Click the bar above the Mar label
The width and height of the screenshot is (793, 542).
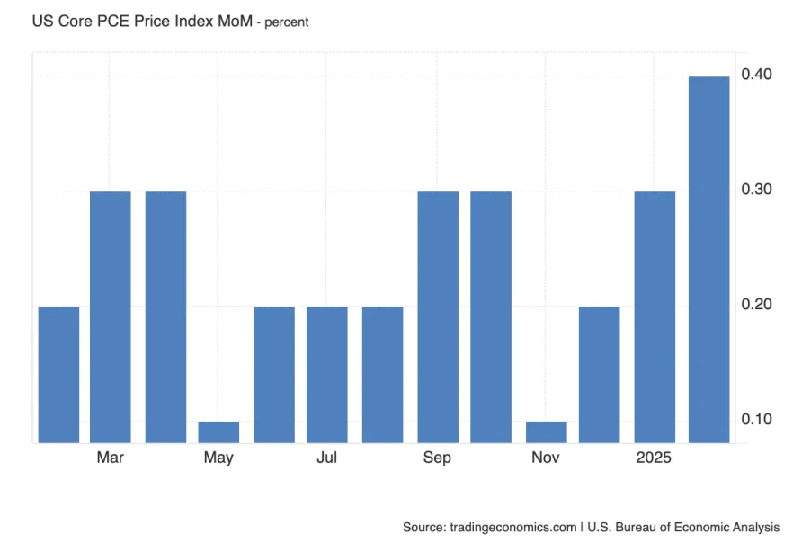tap(111, 316)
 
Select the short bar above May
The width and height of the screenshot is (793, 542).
tap(218, 431)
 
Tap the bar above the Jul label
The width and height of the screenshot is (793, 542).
tap(327, 374)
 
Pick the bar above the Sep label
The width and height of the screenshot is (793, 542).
tap(438, 316)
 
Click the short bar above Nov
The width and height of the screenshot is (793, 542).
tap(546, 431)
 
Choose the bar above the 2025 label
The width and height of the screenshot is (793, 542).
tap(655, 316)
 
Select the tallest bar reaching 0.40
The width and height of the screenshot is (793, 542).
tap(708, 259)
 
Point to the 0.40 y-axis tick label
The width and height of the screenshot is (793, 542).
tap(756, 75)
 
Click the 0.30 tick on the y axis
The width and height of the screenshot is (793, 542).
tap(756, 190)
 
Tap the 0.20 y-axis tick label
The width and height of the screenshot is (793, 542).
tap(756, 305)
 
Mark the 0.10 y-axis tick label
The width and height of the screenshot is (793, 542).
tap(756, 420)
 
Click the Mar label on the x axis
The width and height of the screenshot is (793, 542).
tap(111, 458)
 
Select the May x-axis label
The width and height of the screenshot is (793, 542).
tap(218, 458)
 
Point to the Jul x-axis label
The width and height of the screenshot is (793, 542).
tap(327, 458)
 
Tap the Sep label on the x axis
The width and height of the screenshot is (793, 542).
tap(438, 458)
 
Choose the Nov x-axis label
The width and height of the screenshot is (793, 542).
tap(546, 458)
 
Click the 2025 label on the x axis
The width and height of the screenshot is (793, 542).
tap(655, 458)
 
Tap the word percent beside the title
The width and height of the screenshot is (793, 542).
tap(287, 22)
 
